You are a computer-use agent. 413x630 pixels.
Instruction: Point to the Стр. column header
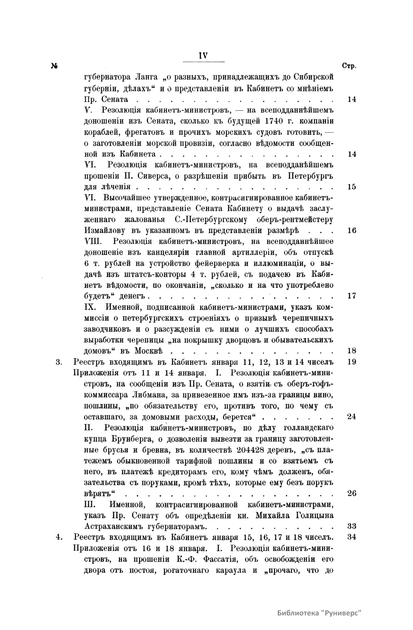[349, 66]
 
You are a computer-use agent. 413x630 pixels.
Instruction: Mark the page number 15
[351, 187]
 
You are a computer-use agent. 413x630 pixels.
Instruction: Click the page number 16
[351, 230]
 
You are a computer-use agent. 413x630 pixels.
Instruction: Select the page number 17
[351, 296]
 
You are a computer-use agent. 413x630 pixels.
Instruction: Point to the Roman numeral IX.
[90, 307]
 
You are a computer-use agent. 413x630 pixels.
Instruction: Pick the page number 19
[351, 362]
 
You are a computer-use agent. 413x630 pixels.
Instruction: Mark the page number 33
[351, 526]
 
